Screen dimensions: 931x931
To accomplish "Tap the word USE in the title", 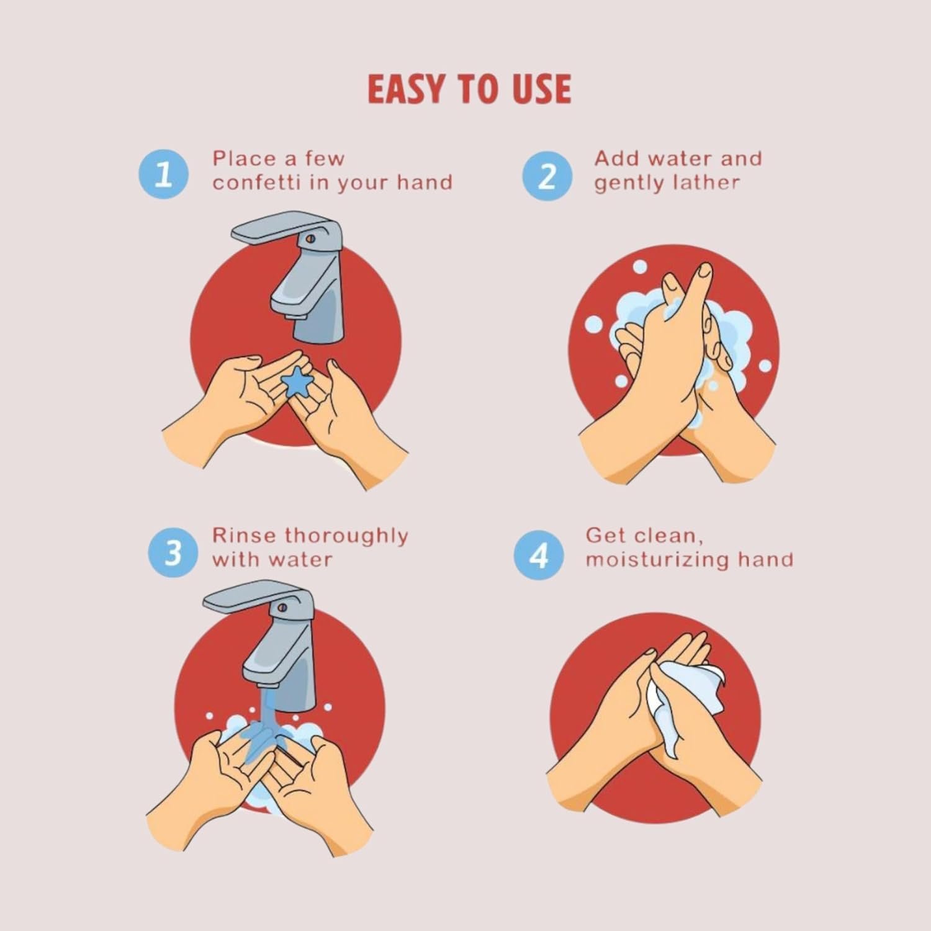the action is coord(541,89).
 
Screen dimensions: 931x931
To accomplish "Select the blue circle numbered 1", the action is coord(163,174).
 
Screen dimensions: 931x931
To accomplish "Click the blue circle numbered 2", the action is coord(546,176).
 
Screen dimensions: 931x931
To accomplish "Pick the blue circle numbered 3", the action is coord(173,552).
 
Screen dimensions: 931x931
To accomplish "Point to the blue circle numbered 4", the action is coord(539,555).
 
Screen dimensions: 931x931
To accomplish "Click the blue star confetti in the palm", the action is coord(297,382).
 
